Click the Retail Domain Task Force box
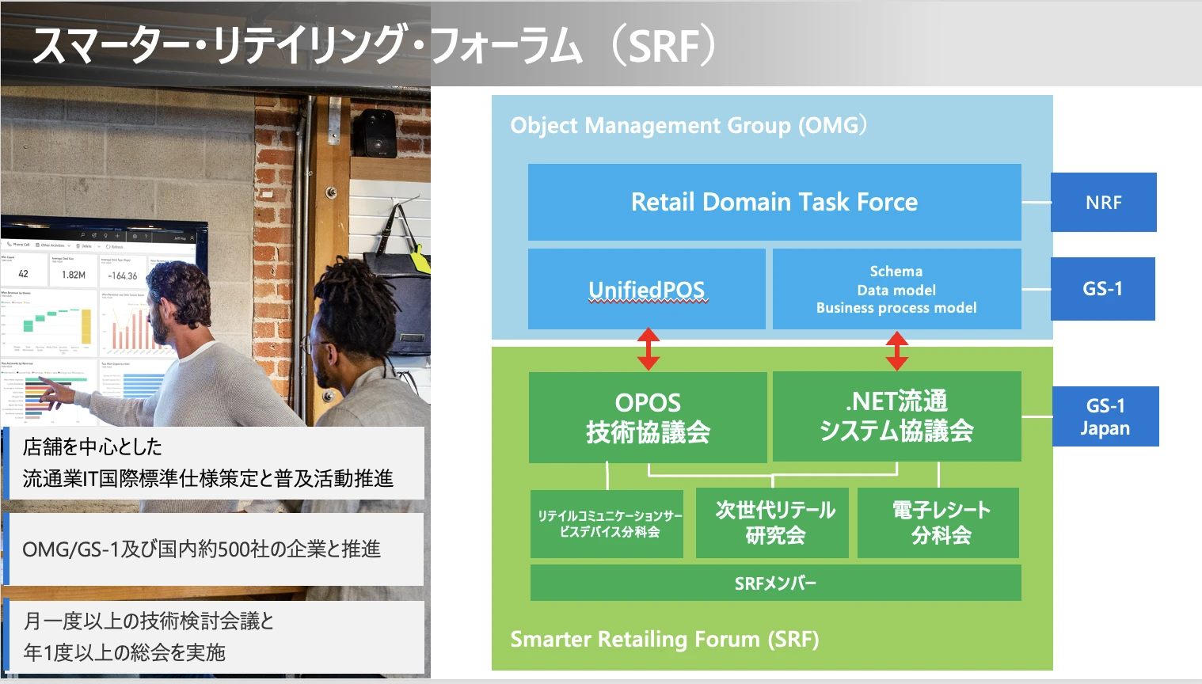tap(774, 202)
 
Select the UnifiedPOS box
tap(646, 289)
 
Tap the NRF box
tap(1103, 203)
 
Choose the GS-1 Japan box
tap(1105, 416)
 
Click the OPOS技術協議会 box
tap(647, 417)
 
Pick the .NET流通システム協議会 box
tap(896, 416)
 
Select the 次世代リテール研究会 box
tap(774, 522)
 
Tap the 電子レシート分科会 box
tap(940, 522)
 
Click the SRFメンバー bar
tap(774, 583)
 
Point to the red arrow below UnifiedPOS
tap(648, 349)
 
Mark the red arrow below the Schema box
tap(896, 350)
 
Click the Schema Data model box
tap(896, 289)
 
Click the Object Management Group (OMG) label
tap(688, 125)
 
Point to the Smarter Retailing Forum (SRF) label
tap(664, 639)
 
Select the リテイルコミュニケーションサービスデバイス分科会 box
tap(608, 523)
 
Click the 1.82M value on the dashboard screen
tap(74, 275)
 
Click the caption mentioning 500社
tap(202, 549)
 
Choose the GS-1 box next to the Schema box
tap(1102, 289)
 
